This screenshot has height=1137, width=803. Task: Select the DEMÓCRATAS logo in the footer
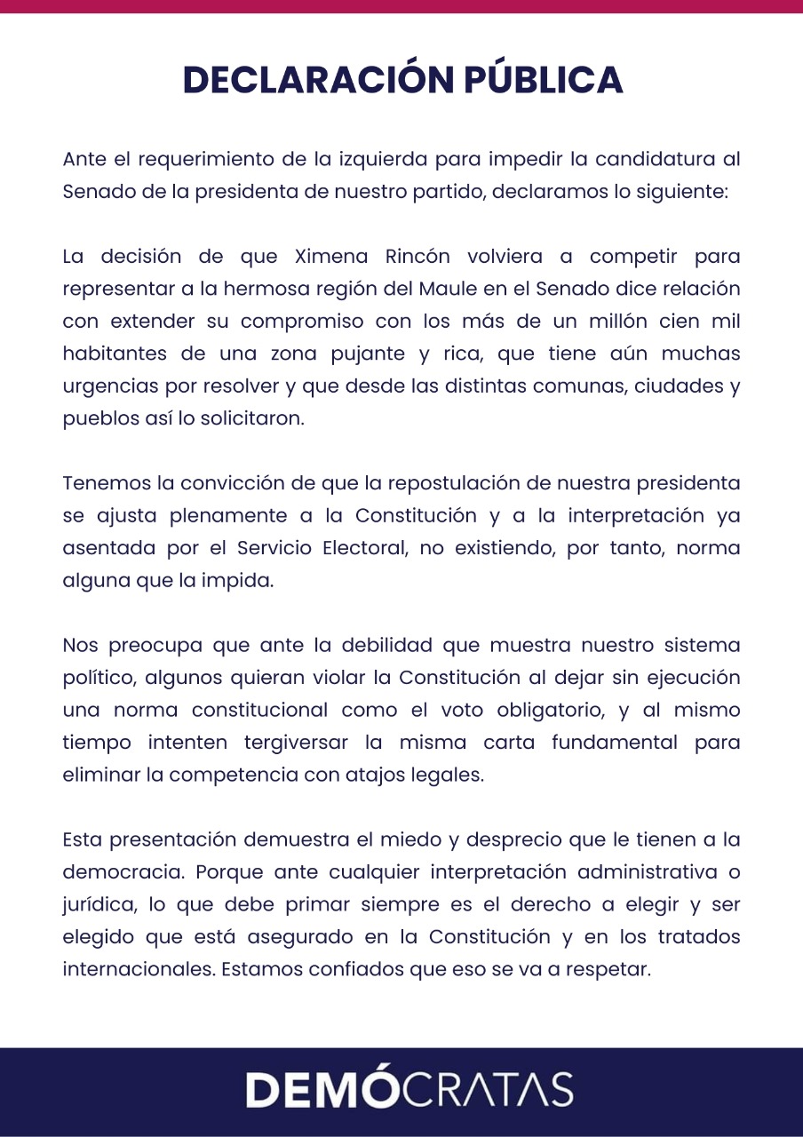coord(409,1090)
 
